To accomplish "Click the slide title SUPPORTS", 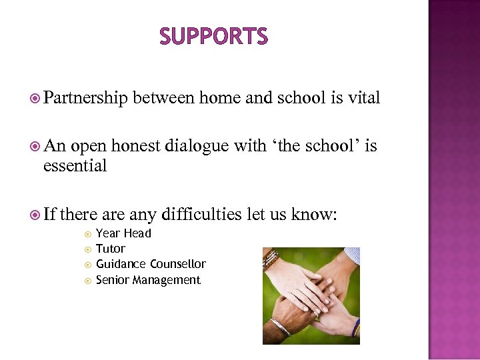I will click(x=213, y=37).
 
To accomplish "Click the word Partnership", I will click(x=85, y=99).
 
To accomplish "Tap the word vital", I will click(x=364, y=99).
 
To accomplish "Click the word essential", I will click(x=75, y=166).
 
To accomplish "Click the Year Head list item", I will click(x=123, y=233).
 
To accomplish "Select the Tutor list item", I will click(x=111, y=249).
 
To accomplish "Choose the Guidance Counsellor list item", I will click(x=151, y=264).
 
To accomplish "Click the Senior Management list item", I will click(x=148, y=280).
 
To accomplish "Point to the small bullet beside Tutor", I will click(x=87, y=249).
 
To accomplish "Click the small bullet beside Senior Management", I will click(x=87, y=281).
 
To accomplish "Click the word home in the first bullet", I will click(x=219, y=99).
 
